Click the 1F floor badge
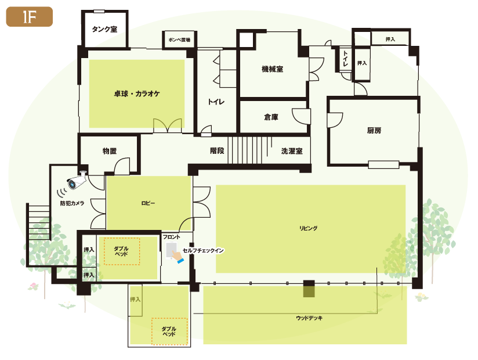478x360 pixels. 29,17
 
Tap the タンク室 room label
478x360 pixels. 104,29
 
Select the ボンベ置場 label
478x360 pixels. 179,39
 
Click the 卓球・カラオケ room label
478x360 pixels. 137,93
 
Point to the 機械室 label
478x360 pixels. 272,69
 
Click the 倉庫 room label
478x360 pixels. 271,117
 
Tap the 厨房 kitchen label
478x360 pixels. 374,131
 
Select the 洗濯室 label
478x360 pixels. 292,151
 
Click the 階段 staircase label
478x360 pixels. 217,151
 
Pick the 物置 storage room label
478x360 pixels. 110,151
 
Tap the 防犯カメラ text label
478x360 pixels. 72,203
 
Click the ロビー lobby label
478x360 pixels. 148,203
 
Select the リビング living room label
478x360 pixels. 308,228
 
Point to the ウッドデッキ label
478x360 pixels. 309,318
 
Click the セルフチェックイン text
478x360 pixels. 204,250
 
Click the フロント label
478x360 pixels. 171,237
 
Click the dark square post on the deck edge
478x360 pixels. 309,284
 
